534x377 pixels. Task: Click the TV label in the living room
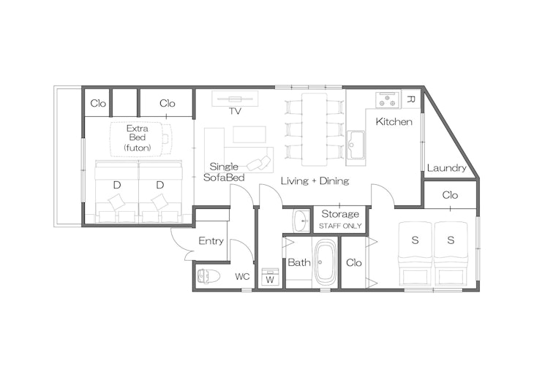click(x=235, y=112)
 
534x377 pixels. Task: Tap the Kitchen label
click(x=394, y=121)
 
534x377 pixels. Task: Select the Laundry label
click(x=446, y=168)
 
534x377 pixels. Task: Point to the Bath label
click(x=298, y=262)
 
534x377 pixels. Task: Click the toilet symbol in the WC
click(x=209, y=277)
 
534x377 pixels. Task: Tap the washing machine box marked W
click(x=270, y=278)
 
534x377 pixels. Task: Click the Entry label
click(x=211, y=241)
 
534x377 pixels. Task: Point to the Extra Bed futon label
click(x=138, y=137)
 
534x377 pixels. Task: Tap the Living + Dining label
click(x=315, y=180)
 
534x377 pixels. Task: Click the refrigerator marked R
click(x=410, y=99)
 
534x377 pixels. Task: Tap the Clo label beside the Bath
click(x=354, y=262)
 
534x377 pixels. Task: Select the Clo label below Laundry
click(x=450, y=195)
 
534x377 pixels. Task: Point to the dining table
click(x=314, y=128)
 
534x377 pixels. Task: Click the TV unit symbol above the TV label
click(x=235, y=99)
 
